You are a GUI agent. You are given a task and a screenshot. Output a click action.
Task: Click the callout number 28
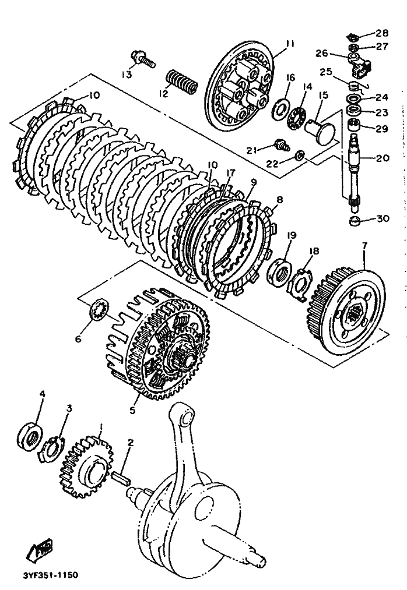click(x=381, y=33)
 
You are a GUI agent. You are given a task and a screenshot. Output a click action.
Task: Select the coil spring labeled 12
click(x=182, y=82)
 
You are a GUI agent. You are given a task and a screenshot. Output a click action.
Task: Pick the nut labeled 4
click(x=30, y=435)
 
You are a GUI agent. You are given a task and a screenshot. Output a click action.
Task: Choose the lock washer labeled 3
click(x=52, y=448)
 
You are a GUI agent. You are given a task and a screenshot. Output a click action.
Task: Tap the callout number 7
click(x=364, y=245)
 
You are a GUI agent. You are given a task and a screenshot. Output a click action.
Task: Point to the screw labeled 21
click(x=282, y=145)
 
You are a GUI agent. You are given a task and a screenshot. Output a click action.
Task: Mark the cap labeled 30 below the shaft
click(x=355, y=220)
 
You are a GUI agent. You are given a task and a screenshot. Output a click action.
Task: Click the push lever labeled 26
click(x=360, y=64)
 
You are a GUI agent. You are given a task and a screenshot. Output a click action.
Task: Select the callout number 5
click(x=132, y=410)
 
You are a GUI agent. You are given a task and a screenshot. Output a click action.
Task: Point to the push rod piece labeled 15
click(x=320, y=132)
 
